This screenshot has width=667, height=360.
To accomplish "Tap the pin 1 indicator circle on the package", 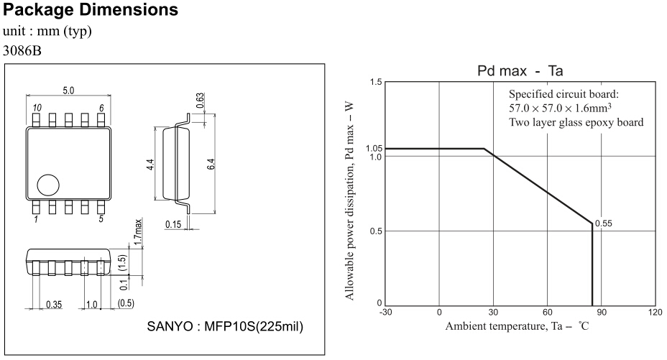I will tap(49, 185).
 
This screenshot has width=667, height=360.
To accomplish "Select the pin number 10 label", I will tap(36, 107).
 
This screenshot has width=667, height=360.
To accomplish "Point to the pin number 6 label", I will tap(101, 107).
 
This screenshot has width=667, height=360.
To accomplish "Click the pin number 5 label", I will tap(101, 218).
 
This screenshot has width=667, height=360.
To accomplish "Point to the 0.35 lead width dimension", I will tap(54, 304).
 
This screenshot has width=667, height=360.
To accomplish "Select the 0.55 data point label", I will tap(604, 223).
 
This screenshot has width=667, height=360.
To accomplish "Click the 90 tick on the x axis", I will tap(602, 313).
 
